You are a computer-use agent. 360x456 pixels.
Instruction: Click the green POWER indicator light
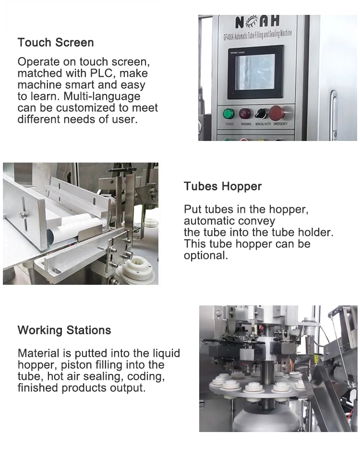(228, 114)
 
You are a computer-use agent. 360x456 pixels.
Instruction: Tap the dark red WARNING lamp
(245, 114)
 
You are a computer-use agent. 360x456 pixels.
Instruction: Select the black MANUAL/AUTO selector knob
(261, 114)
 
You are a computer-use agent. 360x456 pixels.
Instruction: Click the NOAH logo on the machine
(257, 23)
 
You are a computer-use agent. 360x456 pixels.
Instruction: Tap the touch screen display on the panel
(255, 71)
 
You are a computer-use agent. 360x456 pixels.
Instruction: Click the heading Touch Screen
(56, 43)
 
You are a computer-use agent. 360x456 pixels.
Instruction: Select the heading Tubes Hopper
(223, 186)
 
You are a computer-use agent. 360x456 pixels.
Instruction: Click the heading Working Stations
(64, 330)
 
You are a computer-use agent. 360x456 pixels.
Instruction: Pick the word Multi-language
(102, 96)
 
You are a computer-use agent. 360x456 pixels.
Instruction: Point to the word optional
(206, 256)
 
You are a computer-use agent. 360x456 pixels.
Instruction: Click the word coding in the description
(146, 376)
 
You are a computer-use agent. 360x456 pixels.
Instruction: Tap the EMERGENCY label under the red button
(280, 124)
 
